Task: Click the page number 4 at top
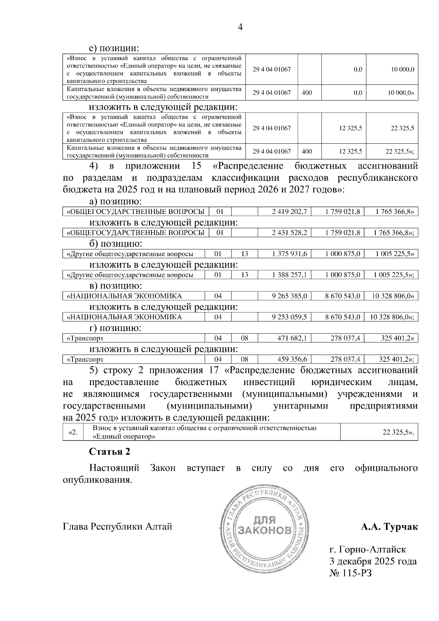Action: tap(240, 27)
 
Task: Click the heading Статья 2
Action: tap(109, 452)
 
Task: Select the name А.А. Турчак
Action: tap(389, 527)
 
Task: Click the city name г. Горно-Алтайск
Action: tap(367, 549)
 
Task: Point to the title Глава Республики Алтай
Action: tap(117, 527)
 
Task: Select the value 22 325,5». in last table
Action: tap(398, 432)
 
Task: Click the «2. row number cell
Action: tap(73, 432)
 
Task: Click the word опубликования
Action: tap(97, 480)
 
